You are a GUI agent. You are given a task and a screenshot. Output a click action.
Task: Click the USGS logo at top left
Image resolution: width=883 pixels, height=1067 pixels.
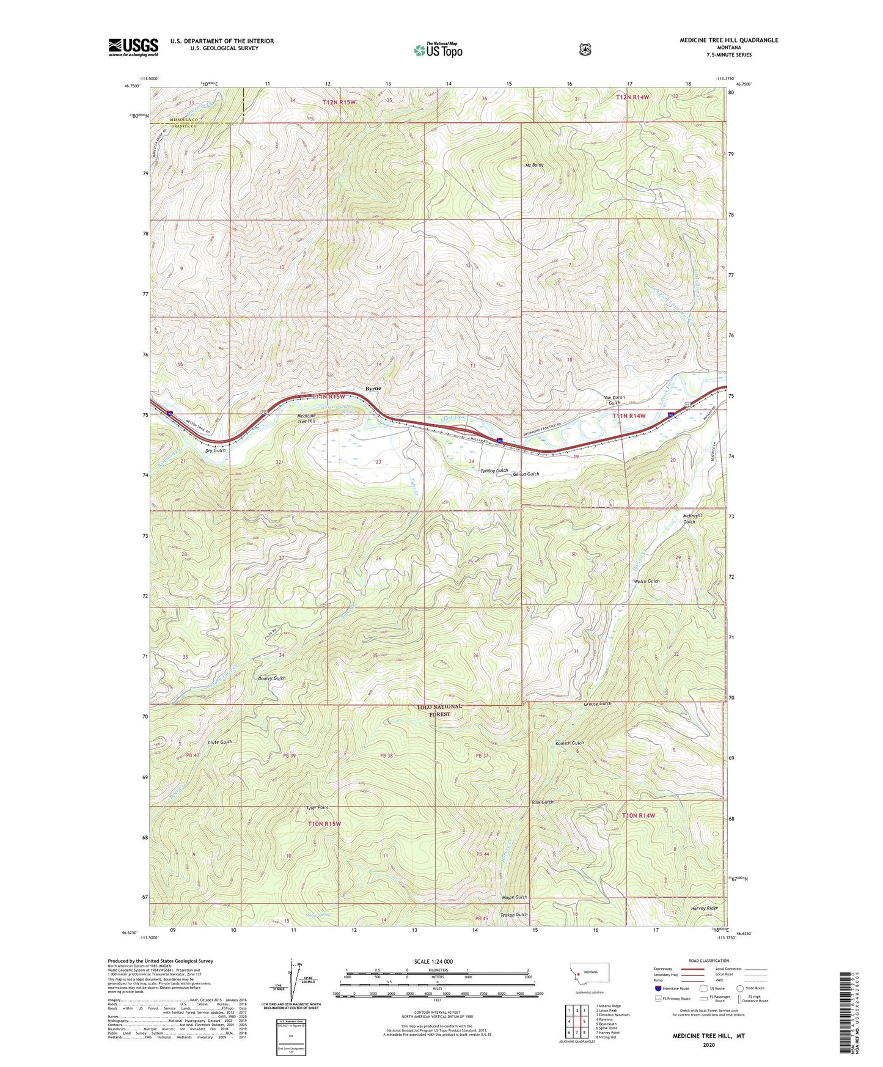point(133,48)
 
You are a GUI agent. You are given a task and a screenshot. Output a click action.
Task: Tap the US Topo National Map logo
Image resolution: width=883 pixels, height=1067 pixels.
point(438,50)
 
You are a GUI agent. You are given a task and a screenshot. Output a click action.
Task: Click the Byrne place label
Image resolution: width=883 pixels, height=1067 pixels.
point(373,389)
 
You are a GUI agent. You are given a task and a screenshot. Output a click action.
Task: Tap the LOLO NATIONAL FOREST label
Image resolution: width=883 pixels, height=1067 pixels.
point(439,710)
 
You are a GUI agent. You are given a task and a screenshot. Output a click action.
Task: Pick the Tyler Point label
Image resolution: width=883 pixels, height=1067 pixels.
point(317,808)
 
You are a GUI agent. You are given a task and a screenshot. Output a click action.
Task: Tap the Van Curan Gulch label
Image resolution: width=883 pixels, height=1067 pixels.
point(614,400)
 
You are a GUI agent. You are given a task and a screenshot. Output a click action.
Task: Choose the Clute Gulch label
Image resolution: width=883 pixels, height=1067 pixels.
point(220,742)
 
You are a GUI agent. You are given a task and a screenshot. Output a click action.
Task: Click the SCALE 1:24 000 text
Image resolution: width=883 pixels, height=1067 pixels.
point(433,961)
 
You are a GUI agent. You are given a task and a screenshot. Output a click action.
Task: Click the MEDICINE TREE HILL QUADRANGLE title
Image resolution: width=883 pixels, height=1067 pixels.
point(728,40)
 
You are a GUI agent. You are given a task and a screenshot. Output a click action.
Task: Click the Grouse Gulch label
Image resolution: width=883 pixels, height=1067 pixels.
point(597,703)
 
